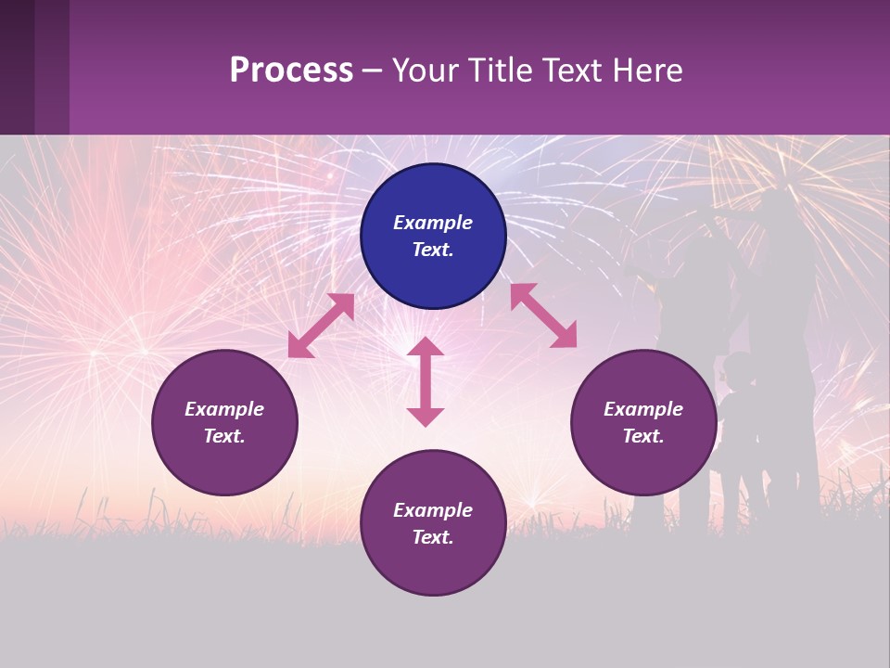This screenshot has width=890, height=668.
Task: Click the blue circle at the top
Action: pyautogui.click(x=433, y=237)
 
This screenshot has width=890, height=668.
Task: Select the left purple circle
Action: pyautogui.click(x=224, y=422)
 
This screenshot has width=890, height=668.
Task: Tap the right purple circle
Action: pyautogui.click(x=643, y=422)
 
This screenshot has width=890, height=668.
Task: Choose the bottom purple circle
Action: pyautogui.click(x=433, y=523)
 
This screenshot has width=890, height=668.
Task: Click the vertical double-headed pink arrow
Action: pyautogui.click(x=426, y=381)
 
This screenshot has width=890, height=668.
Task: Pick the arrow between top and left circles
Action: pyautogui.click(x=321, y=326)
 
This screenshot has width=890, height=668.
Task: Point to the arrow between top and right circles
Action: pyautogui.click(x=543, y=315)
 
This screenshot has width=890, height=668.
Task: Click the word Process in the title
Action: pyautogui.click(x=291, y=71)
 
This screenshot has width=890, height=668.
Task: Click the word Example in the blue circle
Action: pyautogui.click(x=433, y=223)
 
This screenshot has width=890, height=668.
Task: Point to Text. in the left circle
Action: pyautogui.click(x=224, y=436)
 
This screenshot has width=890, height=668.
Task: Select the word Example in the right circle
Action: pyautogui.click(x=643, y=409)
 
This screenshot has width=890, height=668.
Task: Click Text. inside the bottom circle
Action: pyautogui.click(x=433, y=537)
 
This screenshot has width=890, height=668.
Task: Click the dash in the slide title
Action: pyautogui.click(x=372, y=71)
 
